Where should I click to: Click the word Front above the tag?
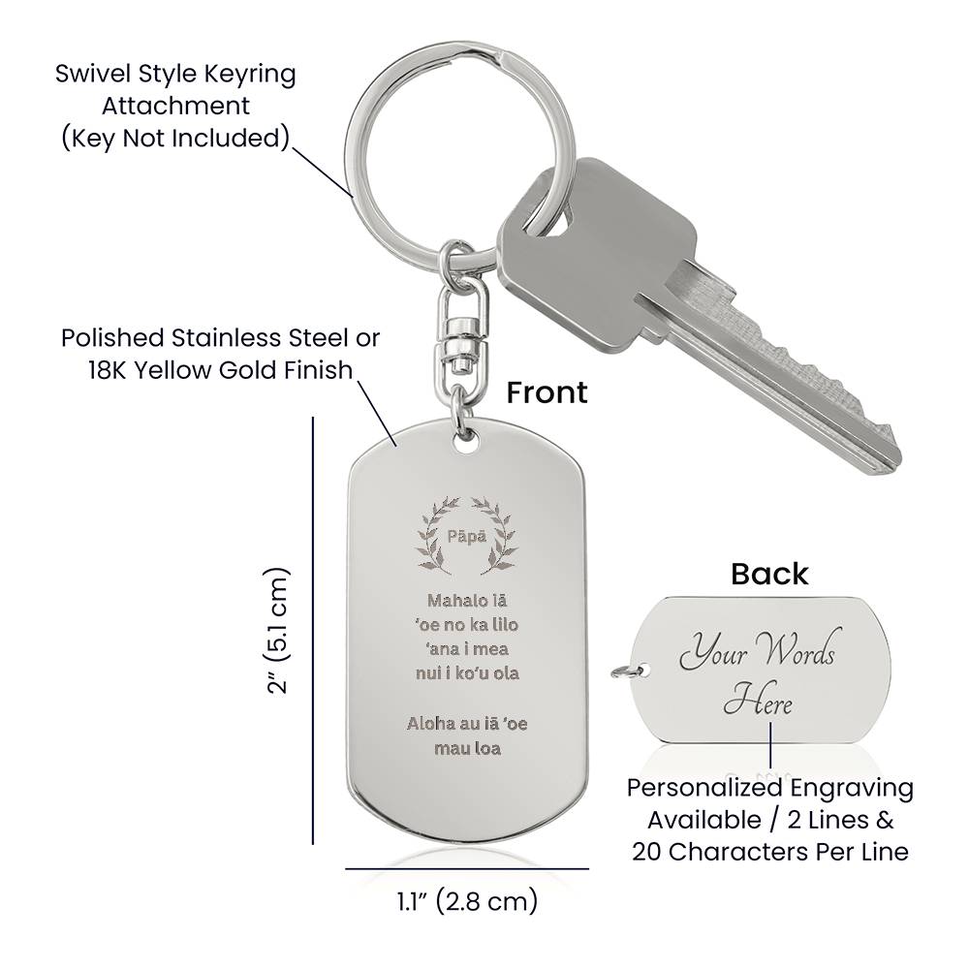click(x=547, y=391)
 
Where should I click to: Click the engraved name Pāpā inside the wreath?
click(x=469, y=536)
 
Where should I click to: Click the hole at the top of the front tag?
click(x=469, y=441)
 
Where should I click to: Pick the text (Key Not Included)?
click(x=175, y=138)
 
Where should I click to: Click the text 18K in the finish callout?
click(x=88, y=370)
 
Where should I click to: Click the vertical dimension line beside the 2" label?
click(x=313, y=631)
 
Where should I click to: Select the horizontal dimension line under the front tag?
click(x=467, y=868)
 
